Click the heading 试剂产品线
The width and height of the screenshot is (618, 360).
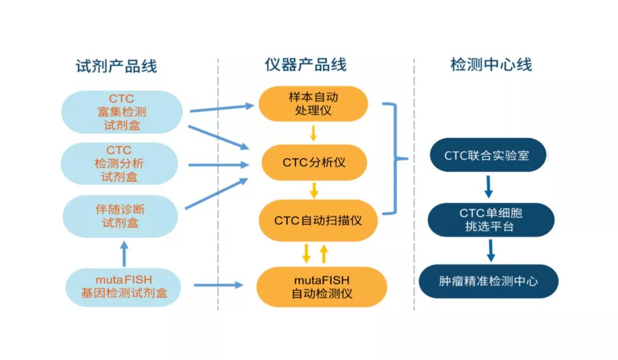click(x=116, y=66)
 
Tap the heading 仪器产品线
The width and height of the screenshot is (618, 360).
click(x=306, y=65)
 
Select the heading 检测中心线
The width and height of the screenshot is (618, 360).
click(x=491, y=64)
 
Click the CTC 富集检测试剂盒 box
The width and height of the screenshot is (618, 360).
click(x=122, y=112)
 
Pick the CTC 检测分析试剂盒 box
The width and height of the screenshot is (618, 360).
click(x=119, y=164)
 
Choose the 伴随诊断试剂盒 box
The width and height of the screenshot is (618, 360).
click(x=120, y=216)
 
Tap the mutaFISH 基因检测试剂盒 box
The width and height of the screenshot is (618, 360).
click(x=124, y=287)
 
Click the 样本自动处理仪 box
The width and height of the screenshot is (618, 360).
click(x=314, y=104)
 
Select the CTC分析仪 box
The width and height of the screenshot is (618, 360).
click(x=314, y=163)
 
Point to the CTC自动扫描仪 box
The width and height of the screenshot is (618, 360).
click(x=318, y=220)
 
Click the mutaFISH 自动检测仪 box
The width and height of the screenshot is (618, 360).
click(x=322, y=287)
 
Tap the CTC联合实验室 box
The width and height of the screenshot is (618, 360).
click(x=488, y=155)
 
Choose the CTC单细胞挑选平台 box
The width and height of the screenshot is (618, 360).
click(x=491, y=220)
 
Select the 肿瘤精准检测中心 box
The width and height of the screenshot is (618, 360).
click(x=488, y=281)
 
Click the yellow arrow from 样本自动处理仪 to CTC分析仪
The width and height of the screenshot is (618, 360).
click(x=314, y=133)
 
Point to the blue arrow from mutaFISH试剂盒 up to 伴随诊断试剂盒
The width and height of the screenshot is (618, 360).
click(x=124, y=254)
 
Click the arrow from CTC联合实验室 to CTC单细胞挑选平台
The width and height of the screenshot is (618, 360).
click(x=488, y=187)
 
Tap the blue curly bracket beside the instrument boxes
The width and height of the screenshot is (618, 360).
click(x=394, y=159)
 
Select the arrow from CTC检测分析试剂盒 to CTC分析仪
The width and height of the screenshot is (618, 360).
click(x=219, y=165)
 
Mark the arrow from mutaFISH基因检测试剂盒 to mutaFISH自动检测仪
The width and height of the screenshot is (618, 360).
click(x=219, y=284)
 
